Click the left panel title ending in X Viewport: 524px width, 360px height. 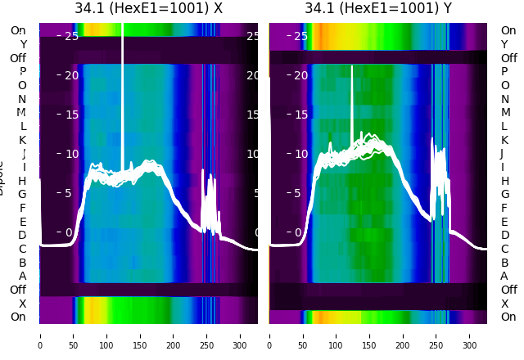click(x=148, y=9)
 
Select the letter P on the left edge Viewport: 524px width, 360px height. click(x=22, y=72)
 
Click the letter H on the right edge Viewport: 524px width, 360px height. click(x=504, y=181)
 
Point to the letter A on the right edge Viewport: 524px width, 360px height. click(x=504, y=277)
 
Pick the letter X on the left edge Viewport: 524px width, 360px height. click(x=22, y=304)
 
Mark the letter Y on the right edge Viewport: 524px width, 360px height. click(x=504, y=44)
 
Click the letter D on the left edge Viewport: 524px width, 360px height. click(x=22, y=236)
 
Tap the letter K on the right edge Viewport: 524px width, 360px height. click(x=504, y=140)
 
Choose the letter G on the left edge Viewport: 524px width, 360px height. click(x=22, y=195)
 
